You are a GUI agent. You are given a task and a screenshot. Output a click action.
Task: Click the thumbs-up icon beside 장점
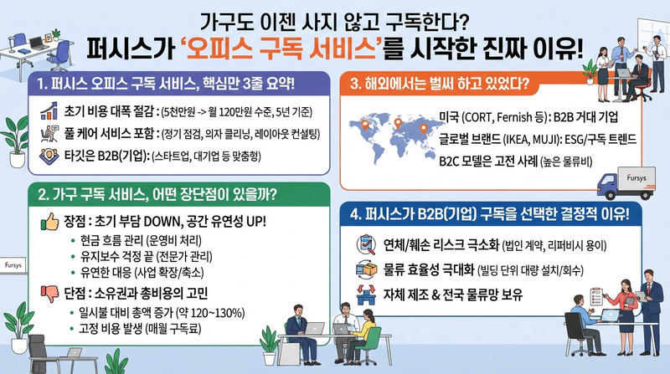point(49,222)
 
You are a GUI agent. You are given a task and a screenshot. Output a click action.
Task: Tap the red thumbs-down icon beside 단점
point(49,294)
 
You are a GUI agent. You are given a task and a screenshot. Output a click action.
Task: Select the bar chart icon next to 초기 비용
point(49,110)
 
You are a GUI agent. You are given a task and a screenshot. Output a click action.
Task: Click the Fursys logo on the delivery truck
point(636,177)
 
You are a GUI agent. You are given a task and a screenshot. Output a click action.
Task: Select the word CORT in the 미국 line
point(477,117)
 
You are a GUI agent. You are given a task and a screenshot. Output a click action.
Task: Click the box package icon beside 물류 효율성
point(367,269)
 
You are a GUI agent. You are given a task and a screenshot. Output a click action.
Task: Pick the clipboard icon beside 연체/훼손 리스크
point(366,244)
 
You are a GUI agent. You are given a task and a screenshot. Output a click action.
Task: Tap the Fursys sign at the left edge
point(13,265)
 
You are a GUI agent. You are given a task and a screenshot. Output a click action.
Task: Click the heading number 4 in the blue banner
point(353,214)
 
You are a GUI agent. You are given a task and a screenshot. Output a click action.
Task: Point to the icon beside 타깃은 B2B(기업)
point(49,156)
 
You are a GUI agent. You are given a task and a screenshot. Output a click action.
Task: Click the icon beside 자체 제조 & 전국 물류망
point(366,295)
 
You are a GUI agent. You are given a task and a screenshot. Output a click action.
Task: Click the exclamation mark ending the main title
point(578,49)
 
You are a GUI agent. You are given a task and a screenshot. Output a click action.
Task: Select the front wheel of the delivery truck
point(611,195)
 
